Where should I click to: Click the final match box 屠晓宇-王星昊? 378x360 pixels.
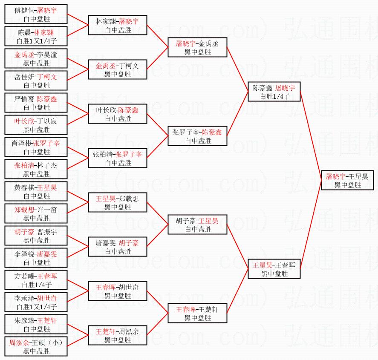pyautogui.click(x=348, y=180)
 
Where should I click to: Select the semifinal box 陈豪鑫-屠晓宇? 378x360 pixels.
pyautogui.click(x=274, y=92)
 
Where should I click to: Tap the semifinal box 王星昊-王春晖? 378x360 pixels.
pyautogui.click(x=274, y=269)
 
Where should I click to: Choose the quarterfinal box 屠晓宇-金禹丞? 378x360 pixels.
pyautogui.click(x=197, y=47)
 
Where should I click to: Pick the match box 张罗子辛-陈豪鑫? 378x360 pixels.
pyautogui.click(x=197, y=136)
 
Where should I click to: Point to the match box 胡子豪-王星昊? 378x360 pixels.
pyautogui.click(x=197, y=225)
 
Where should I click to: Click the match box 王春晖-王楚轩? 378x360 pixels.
pyautogui.click(x=197, y=313)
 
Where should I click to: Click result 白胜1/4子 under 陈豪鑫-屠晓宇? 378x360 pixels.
pyautogui.click(x=274, y=97)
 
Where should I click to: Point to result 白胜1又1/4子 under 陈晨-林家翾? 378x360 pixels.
pyautogui.click(x=36, y=41)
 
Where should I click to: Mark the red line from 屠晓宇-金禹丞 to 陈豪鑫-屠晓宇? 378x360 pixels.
pyautogui.click(x=237, y=68)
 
